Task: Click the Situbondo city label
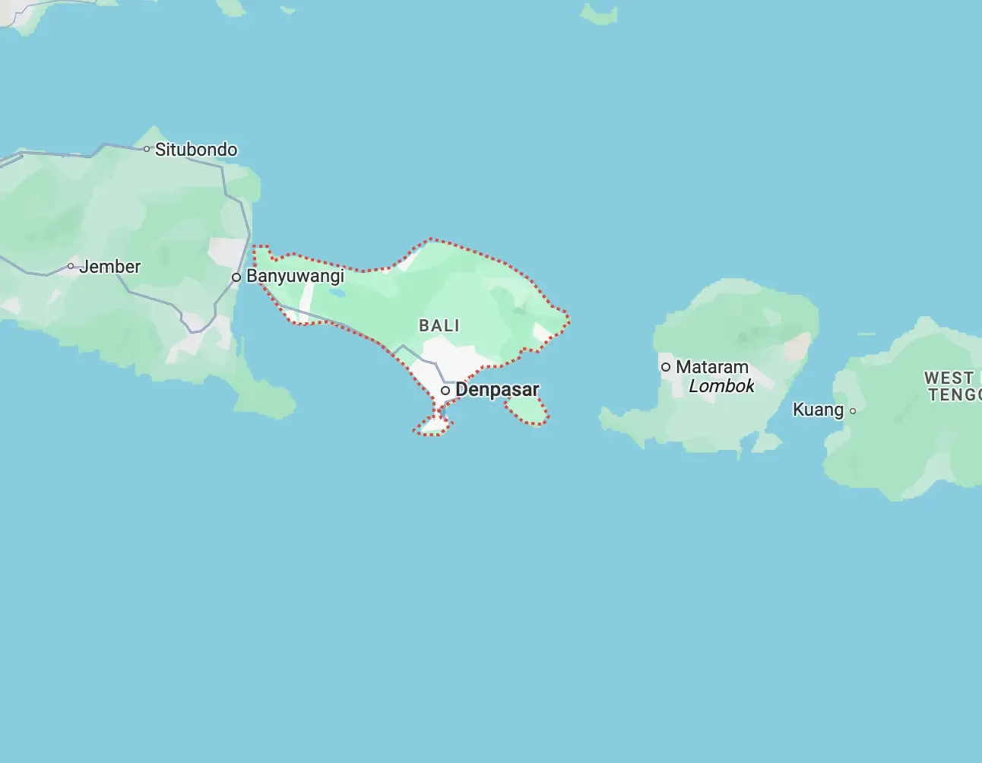click(196, 150)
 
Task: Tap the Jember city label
click(110, 267)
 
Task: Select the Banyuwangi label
click(295, 276)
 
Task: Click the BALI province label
click(439, 325)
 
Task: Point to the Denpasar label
click(497, 390)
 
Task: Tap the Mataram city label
click(712, 367)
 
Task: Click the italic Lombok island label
click(721, 386)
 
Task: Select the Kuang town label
click(818, 410)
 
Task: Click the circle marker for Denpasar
click(445, 391)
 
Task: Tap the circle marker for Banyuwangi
click(236, 277)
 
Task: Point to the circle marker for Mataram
click(666, 367)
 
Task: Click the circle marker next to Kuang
click(853, 411)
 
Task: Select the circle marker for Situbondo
click(147, 149)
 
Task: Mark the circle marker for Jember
click(71, 266)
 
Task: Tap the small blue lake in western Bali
click(337, 292)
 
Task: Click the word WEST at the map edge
click(949, 378)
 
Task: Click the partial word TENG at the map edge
click(954, 394)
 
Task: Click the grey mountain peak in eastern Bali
click(520, 309)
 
